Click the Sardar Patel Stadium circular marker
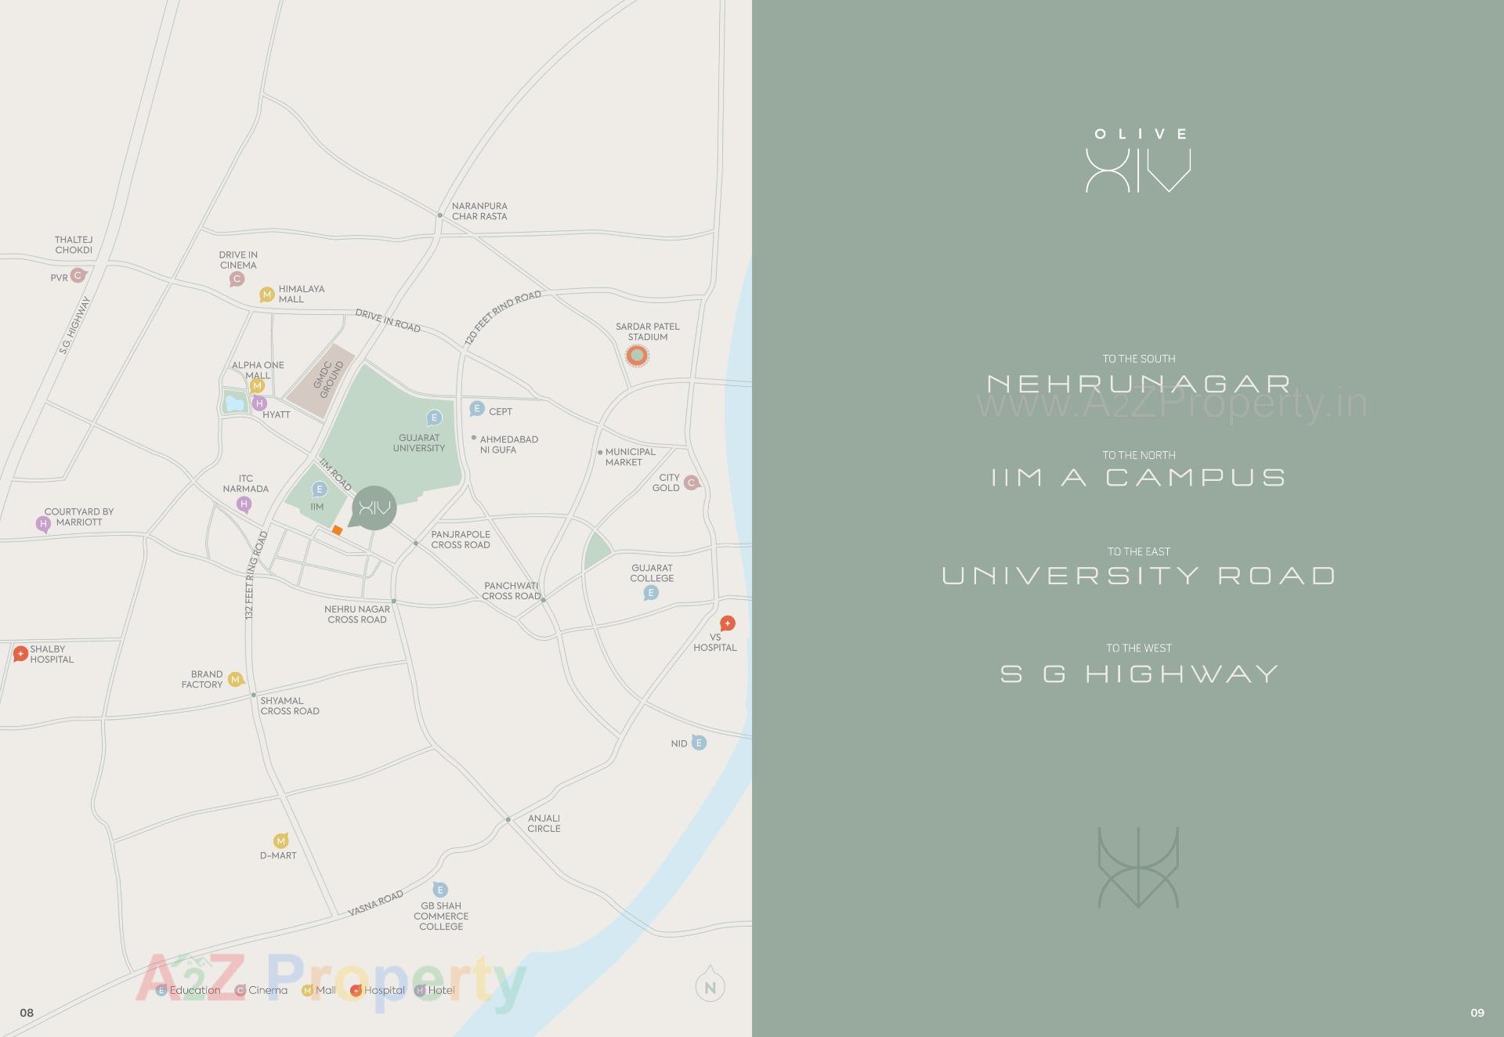pyautogui.click(x=638, y=356)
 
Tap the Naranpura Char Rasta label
pyautogui.click(x=479, y=211)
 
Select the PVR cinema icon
pyautogui.click(x=78, y=275)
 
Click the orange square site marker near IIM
pyautogui.click(x=337, y=530)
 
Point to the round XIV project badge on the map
pyautogui.click(x=374, y=508)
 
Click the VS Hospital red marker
pyautogui.click(x=728, y=623)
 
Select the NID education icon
pyautogui.click(x=699, y=743)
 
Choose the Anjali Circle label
pyautogui.click(x=544, y=823)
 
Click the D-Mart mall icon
pyautogui.click(x=281, y=841)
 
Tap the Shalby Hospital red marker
pyautogui.click(x=21, y=653)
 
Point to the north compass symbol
pyautogui.click(x=710, y=986)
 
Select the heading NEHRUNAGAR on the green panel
pyautogui.click(x=1138, y=384)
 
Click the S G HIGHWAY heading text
pyautogui.click(x=1139, y=674)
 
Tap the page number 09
pyautogui.click(x=1477, y=1013)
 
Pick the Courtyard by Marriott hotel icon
pyautogui.click(x=44, y=523)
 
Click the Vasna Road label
pyautogui.click(x=375, y=903)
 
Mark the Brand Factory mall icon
pyautogui.click(x=236, y=679)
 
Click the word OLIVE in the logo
pyautogui.click(x=1141, y=134)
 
